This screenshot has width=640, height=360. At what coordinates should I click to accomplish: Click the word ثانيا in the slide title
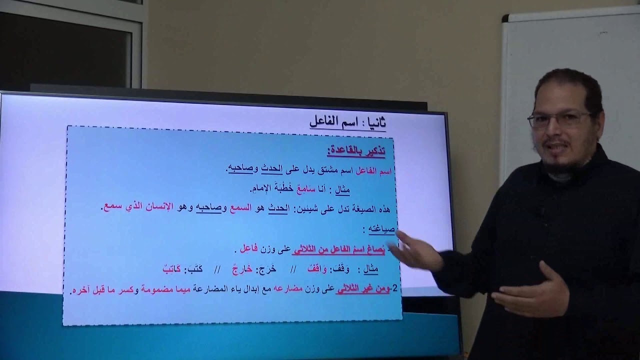click(374, 122)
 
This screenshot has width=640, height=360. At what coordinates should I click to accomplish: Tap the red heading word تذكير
click(372, 150)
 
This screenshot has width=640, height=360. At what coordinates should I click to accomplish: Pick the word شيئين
click(317, 208)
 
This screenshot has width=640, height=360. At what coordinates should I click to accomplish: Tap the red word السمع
click(240, 208)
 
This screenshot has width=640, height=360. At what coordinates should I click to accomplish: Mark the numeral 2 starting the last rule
click(395, 288)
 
